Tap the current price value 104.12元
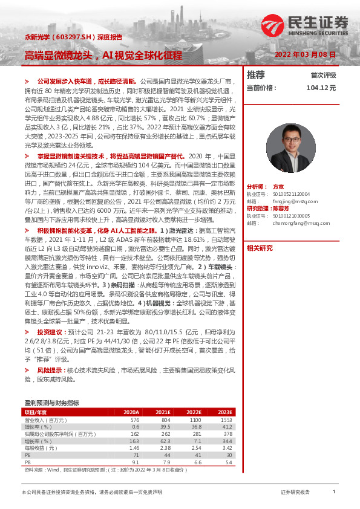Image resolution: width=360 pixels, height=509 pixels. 321,88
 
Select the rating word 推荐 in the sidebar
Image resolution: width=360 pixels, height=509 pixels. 256,75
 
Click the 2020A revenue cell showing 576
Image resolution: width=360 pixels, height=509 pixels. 135,419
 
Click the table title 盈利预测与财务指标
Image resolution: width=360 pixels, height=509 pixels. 51,402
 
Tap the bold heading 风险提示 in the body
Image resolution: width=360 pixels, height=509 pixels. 51,369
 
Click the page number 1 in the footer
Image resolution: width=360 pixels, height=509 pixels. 334,493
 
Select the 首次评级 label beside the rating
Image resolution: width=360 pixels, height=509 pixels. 323,76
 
